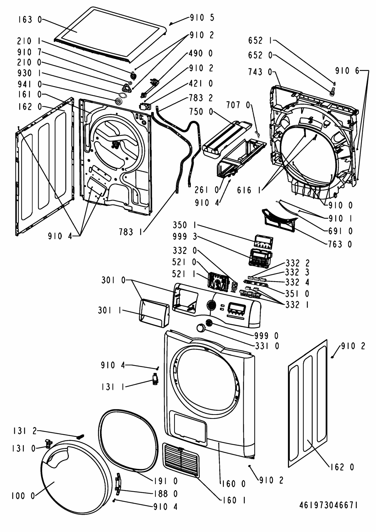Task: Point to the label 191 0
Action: tap(166, 481)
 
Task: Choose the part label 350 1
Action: tap(185, 225)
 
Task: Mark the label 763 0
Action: tap(341, 244)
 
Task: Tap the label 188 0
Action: tap(166, 494)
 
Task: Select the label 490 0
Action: tap(201, 54)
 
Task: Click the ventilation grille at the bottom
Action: tap(181, 460)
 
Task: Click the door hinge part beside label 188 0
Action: tap(118, 483)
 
